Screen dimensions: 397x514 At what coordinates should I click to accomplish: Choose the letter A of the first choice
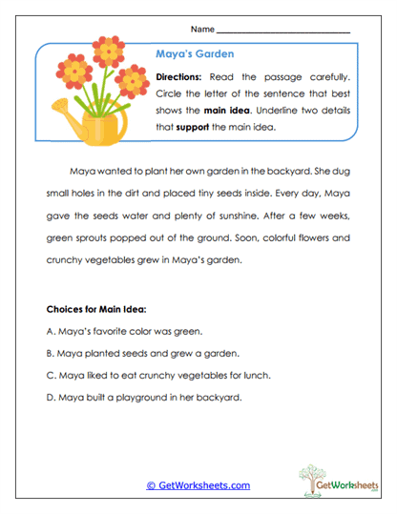pos(50,330)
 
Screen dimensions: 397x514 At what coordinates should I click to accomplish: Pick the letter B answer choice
pos(50,352)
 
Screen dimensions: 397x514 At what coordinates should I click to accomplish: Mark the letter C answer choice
pos(50,374)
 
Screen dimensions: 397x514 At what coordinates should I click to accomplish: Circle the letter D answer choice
pos(50,396)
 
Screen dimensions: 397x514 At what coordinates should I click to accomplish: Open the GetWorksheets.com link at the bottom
pos(198,485)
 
